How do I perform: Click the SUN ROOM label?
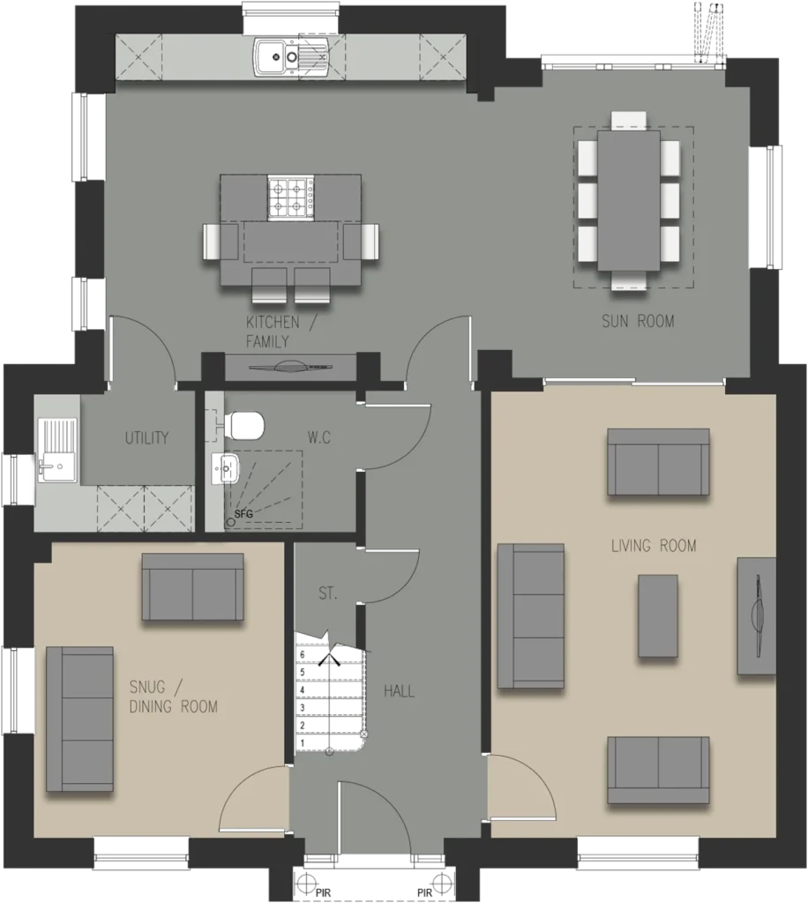[x=638, y=321]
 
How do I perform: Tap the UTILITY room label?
[x=146, y=437]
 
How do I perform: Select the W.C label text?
[x=319, y=437]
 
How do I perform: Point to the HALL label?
[x=399, y=690]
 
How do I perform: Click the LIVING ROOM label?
[x=654, y=545]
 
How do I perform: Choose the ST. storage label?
[x=327, y=593]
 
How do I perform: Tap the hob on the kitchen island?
[x=291, y=197]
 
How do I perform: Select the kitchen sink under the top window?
[x=292, y=57]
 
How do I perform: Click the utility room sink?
[x=57, y=450]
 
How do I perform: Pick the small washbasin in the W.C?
[x=225, y=468]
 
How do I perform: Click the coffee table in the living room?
[x=658, y=616]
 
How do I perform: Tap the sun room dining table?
[x=629, y=200]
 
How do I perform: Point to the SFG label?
[x=243, y=514]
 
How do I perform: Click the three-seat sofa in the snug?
[x=79, y=718]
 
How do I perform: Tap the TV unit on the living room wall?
[x=756, y=616]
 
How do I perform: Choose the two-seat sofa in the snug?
[x=192, y=586]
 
